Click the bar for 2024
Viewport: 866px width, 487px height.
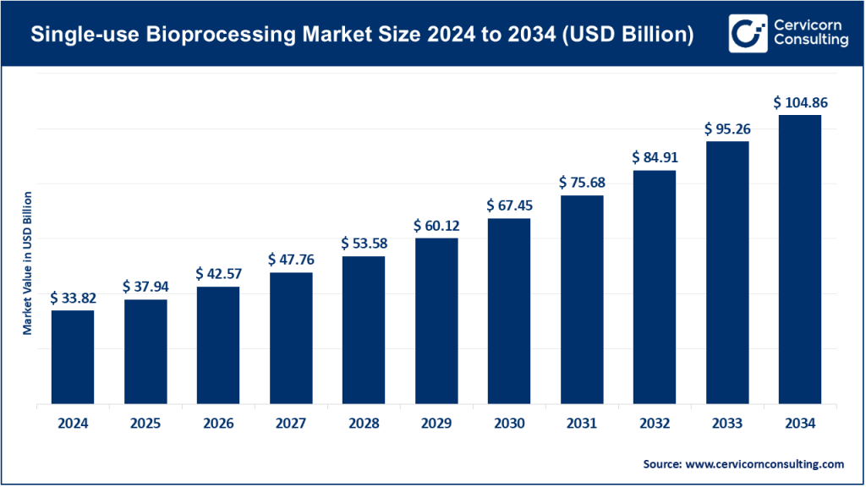(73, 357)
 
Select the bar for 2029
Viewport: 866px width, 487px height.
(436, 321)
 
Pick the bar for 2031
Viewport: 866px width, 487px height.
(582, 300)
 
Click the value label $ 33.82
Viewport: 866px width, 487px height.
(73, 298)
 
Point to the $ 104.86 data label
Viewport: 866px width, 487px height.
(800, 102)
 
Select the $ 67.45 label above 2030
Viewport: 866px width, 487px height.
(509, 205)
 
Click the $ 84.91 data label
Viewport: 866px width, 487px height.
(655, 157)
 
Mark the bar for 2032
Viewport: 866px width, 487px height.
(655, 287)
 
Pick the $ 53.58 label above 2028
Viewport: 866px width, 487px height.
(364, 243)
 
